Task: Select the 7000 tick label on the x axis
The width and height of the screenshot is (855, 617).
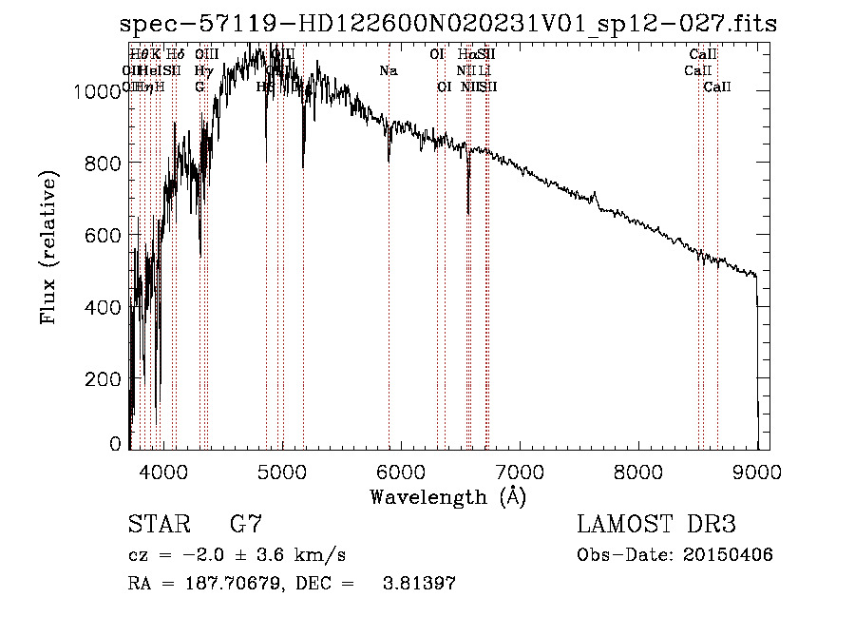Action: pyautogui.click(x=520, y=472)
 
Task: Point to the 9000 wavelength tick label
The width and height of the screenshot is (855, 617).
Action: pyautogui.click(x=757, y=472)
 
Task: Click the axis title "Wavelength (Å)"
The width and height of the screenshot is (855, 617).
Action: pyautogui.click(x=446, y=496)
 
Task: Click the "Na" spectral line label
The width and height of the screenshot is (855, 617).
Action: pyautogui.click(x=389, y=71)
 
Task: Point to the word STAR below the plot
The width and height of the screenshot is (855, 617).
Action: pyautogui.click(x=159, y=525)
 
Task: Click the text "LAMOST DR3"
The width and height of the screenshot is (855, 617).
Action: pyautogui.click(x=655, y=525)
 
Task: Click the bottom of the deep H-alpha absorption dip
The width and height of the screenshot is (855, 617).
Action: pyautogui.click(x=468, y=214)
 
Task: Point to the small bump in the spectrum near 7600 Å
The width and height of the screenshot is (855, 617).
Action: pyautogui.click(x=596, y=197)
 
